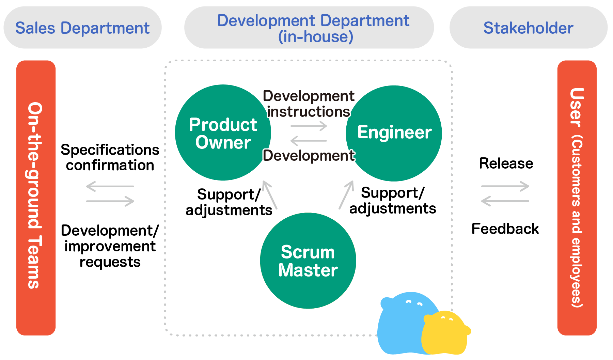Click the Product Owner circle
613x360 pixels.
(223, 133)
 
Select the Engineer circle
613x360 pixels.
(394, 133)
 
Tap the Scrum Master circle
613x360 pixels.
(308, 261)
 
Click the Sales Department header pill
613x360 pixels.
(82, 28)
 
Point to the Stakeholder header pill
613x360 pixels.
(528, 28)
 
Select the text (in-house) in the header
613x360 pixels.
(316, 37)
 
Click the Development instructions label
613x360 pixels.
(309, 104)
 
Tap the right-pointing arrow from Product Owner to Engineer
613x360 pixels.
(309, 126)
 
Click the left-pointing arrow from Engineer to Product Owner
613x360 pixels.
(309, 140)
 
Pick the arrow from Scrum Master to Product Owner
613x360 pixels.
(269, 194)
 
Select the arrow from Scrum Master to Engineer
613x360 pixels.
(346, 194)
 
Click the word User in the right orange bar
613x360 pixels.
(577, 107)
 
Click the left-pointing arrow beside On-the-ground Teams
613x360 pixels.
(110, 186)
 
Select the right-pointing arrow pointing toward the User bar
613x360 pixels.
(505, 186)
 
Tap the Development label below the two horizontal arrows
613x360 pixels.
(309, 156)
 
